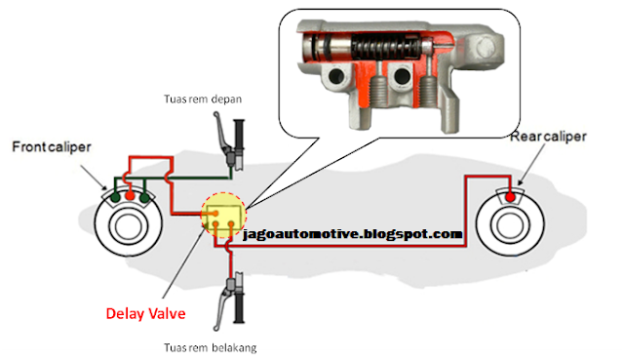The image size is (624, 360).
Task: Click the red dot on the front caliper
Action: click(x=130, y=196)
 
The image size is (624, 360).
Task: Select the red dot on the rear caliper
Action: click(x=511, y=199)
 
